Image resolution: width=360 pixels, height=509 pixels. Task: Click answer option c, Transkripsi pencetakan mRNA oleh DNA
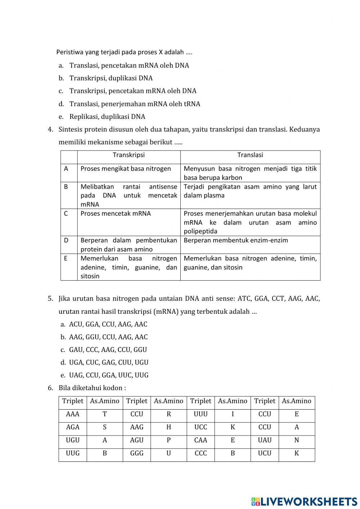[132, 91]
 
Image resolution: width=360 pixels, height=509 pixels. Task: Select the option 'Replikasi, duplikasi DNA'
[107, 117]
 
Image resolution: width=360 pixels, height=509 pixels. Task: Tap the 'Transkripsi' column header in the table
[129, 155]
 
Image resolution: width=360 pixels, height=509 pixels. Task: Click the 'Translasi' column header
[250, 155]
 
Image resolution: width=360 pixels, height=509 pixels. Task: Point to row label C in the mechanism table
[66, 214]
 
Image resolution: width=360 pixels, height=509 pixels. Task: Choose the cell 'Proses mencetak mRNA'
[116, 214]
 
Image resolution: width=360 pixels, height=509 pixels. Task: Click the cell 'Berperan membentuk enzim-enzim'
[236, 240]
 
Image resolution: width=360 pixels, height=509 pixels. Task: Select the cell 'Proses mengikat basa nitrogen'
[126, 169]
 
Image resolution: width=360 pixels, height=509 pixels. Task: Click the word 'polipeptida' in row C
[201, 231]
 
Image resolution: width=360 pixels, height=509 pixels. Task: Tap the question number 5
[50, 299]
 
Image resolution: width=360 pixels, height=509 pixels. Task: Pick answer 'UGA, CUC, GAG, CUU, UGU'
[108, 362]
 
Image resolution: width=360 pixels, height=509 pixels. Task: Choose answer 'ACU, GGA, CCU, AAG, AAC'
[108, 324]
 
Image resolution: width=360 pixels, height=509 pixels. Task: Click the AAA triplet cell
[73, 414]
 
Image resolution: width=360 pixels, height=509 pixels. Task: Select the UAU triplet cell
[265, 440]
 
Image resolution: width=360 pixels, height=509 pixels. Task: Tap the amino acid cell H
[168, 427]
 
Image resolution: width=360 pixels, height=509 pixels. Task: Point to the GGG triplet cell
[137, 453]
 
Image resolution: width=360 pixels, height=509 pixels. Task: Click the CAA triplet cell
[201, 440]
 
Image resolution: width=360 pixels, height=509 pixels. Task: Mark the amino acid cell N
[297, 440]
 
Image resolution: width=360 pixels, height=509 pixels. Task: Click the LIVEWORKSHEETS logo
[304, 501]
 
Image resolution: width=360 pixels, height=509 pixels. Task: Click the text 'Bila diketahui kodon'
[92, 388]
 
